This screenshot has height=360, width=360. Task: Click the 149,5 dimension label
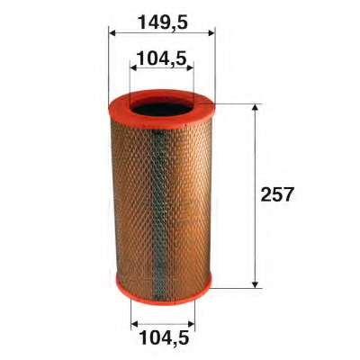tap(163, 22)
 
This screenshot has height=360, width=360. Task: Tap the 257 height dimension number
tap(276, 194)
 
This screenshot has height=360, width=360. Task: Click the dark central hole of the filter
tap(162, 109)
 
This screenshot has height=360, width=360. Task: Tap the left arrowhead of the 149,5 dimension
tap(112, 32)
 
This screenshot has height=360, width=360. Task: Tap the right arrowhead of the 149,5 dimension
tap(211, 32)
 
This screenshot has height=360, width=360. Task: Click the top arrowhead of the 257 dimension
tap(255, 108)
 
